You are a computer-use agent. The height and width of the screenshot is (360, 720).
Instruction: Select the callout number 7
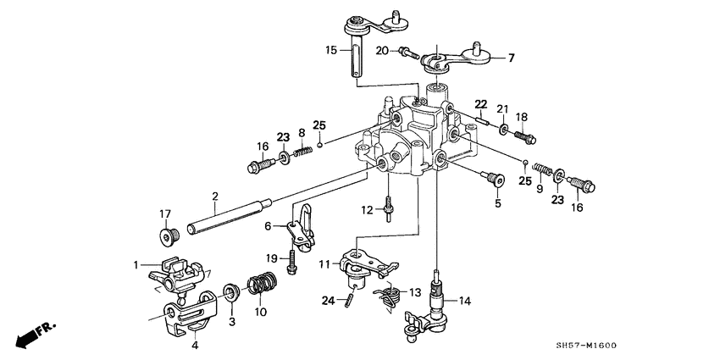(x=511, y=58)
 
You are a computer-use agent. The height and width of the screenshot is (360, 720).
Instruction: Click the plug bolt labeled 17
(x=167, y=235)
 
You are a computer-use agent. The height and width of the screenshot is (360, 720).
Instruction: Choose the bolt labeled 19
(x=291, y=258)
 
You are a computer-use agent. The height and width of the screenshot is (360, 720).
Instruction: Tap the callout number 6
(x=268, y=226)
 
